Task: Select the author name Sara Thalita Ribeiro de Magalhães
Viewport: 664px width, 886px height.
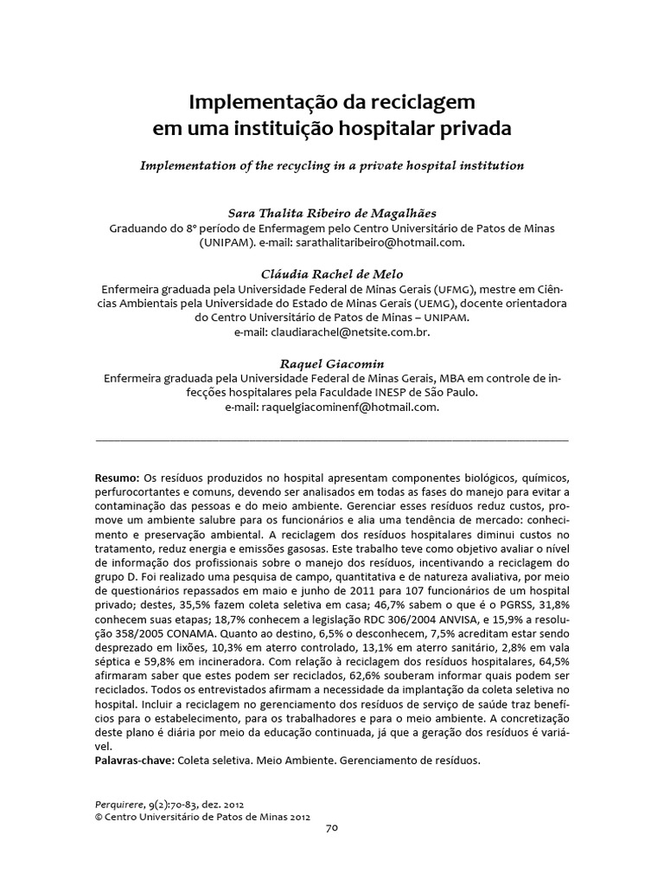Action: pyautogui.click(x=331, y=212)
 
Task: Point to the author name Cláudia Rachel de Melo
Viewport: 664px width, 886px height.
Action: pyautogui.click(x=331, y=273)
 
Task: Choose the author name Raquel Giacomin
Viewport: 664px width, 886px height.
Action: pyautogui.click(x=331, y=363)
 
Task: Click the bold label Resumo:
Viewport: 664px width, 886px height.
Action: pyautogui.click(x=116, y=478)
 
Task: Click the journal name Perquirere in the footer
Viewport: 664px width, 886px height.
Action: pyautogui.click(x=120, y=802)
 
